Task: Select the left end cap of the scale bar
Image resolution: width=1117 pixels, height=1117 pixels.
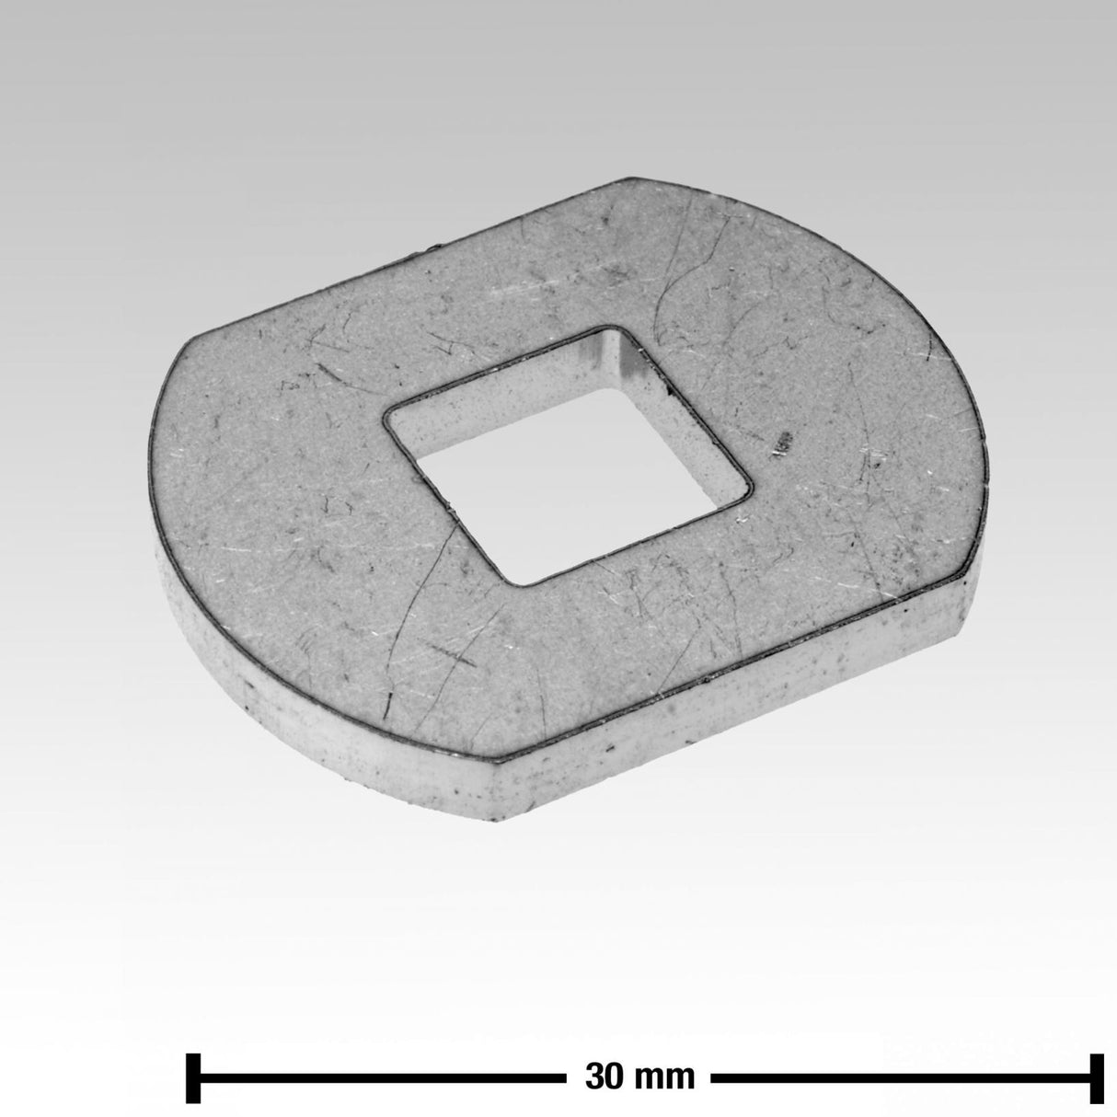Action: pos(193,1062)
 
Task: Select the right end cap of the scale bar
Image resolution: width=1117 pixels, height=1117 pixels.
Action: pos(1097,1062)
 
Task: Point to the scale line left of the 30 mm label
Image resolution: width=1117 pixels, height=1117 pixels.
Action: pos(383,1062)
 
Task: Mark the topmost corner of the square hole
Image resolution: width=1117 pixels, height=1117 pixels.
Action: pos(608,328)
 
